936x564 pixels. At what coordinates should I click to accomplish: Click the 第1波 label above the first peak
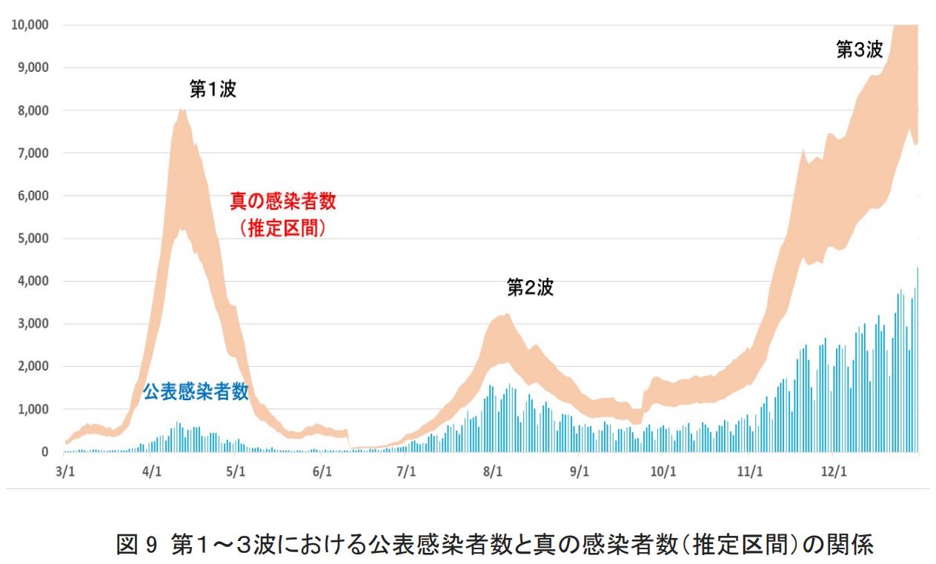tap(213, 90)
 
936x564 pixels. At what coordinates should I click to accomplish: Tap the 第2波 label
tap(530, 288)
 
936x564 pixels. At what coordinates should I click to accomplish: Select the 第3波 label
tap(859, 50)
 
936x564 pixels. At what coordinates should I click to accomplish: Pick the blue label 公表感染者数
tap(196, 392)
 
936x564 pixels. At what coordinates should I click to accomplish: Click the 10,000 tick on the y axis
tap(30, 24)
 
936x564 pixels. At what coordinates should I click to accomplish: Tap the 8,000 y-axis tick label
tap(33, 110)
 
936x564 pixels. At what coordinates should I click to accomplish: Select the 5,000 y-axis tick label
tap(33, 239)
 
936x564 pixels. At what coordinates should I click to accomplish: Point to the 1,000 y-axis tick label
tap(33, 409)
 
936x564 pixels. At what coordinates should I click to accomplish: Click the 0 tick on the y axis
tap(44, 452)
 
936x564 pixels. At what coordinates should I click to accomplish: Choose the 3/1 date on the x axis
tap(65, 471)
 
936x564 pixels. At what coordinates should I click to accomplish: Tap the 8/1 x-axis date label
tap(493, 471)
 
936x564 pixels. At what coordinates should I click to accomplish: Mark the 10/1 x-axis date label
tap(663, 471)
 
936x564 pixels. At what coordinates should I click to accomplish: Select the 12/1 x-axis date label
tap(834, 471)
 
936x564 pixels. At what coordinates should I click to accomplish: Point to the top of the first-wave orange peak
tap(182, 111)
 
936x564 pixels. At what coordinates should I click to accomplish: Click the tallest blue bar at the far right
tap(917, 359)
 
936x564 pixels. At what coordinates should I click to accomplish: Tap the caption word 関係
tap(852, 545)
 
